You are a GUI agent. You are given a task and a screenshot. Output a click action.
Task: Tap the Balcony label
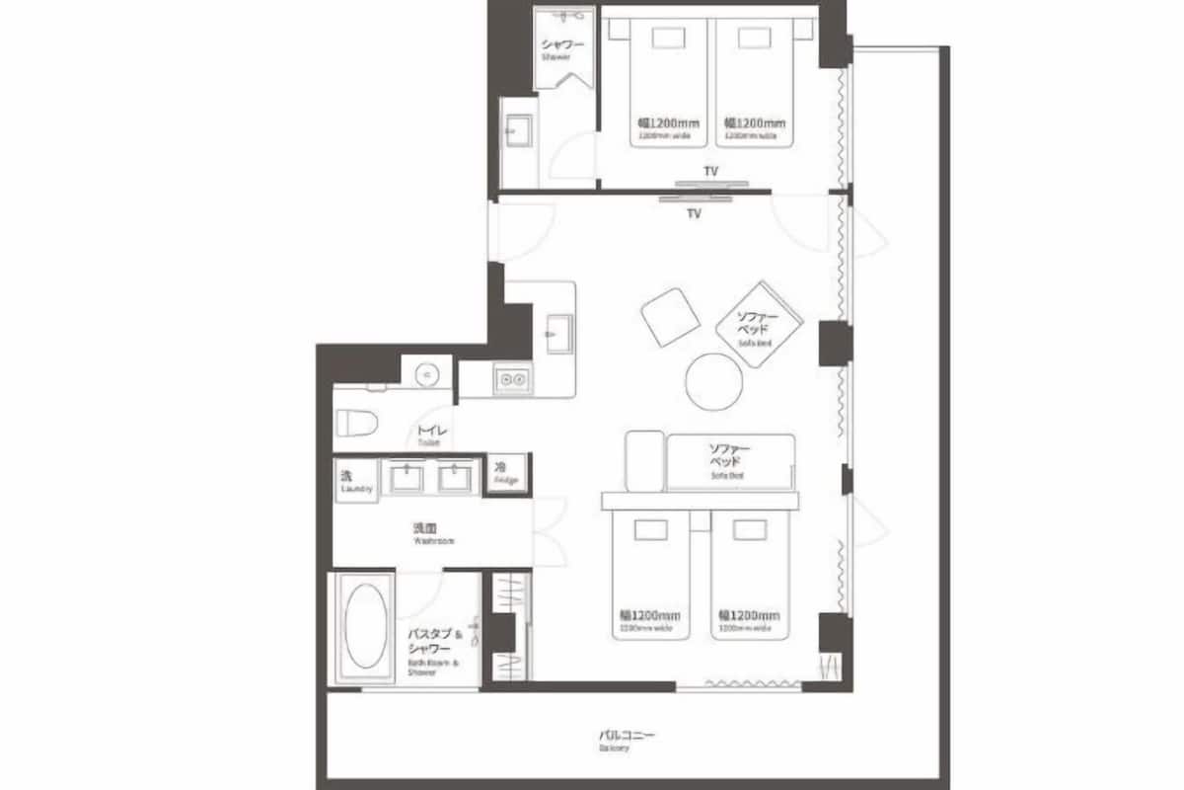[x=627, y=740]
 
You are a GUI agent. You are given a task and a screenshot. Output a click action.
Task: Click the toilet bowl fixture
[x=358, y=423]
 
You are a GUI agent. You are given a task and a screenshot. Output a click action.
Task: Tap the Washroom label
[x=433, y=533]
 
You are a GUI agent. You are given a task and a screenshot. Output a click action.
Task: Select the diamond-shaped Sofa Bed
[x=758, y=325]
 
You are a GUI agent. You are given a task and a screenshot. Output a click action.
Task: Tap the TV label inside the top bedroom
[x=710, y=172]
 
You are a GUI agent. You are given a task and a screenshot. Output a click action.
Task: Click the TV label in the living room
[x=694, y=213]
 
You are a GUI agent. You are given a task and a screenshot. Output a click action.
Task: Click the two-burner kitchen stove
[x=512, y=379]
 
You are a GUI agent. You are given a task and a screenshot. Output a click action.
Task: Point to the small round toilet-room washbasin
[x=427, y=373]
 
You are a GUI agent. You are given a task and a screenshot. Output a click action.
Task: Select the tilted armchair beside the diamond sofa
[x=671, y=317]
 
